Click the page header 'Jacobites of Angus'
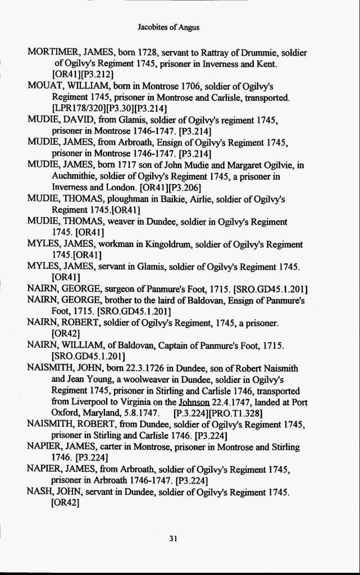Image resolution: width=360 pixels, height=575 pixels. point(168,27)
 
